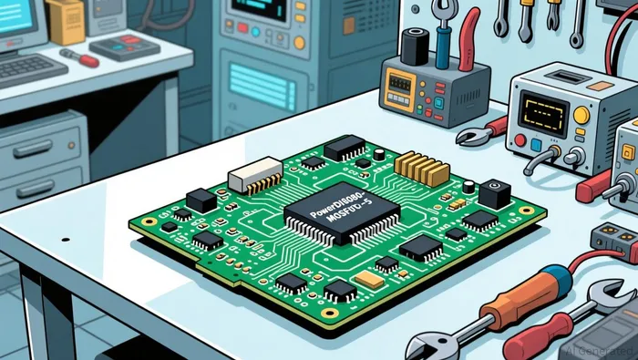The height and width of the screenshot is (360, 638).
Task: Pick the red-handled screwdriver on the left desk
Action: point(81,57)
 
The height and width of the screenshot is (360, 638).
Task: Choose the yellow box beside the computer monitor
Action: point(66,21)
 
